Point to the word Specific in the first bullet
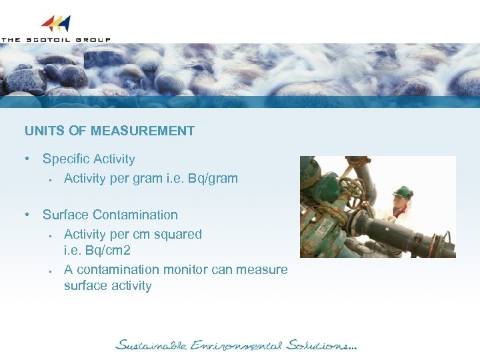tap(66, 159)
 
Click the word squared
tap(179, 234)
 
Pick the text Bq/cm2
tap(109, 251)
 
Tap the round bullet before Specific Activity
tap(27, 159)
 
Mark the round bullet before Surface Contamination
tap(27, 215)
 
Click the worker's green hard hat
tap(403, 192)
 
